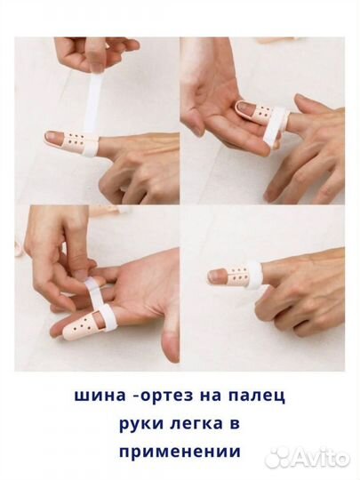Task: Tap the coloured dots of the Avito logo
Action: (277, 457)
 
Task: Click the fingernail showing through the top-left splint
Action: (53, 138)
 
